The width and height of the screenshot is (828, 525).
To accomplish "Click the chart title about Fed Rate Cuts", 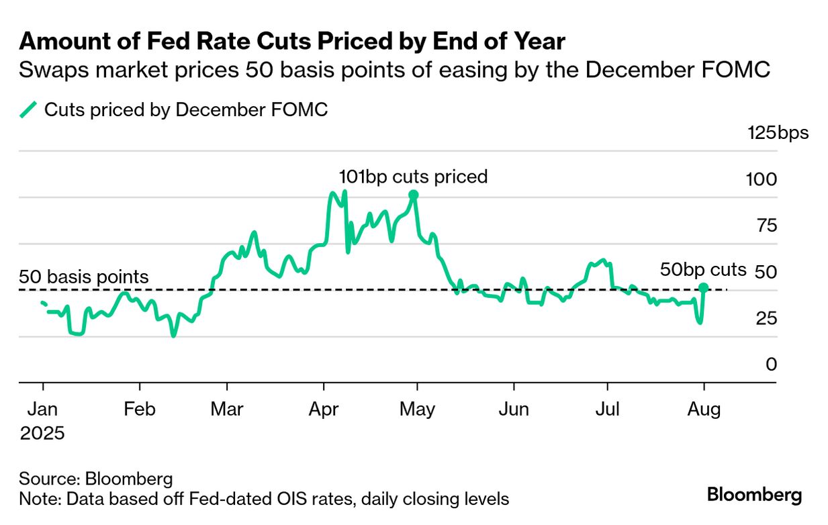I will [x=292, y=42].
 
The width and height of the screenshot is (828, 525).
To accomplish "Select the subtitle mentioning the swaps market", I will [x=394, y=70].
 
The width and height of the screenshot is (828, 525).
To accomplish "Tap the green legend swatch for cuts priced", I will [x=28, y=110].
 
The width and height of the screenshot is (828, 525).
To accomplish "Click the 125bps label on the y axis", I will [x=778, y=133].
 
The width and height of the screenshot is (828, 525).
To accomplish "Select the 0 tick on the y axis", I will [x=772, y=365].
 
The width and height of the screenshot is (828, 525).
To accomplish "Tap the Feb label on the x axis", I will [x=140, y=409].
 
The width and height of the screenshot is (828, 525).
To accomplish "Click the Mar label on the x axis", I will [x=228, y=409].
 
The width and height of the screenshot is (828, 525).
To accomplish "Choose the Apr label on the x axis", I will [x=324, y=409].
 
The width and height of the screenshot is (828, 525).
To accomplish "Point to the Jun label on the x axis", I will [x=514, y=409].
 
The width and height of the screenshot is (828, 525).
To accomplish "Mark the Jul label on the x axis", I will [x=608, y=409].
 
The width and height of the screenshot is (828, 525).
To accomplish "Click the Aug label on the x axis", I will [x=704, y=409].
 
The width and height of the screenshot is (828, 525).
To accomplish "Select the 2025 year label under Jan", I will [x=42, y=434].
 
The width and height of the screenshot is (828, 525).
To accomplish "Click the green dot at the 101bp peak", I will [x=414, y=195].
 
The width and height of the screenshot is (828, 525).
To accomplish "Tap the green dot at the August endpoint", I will [x=704, y=288].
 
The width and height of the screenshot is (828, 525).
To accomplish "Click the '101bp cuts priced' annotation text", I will [x=413, y=177].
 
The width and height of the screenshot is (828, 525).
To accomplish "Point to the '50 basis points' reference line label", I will [x=84, y=277].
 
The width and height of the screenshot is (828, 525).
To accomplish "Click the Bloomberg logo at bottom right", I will [x=754, y=495].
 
